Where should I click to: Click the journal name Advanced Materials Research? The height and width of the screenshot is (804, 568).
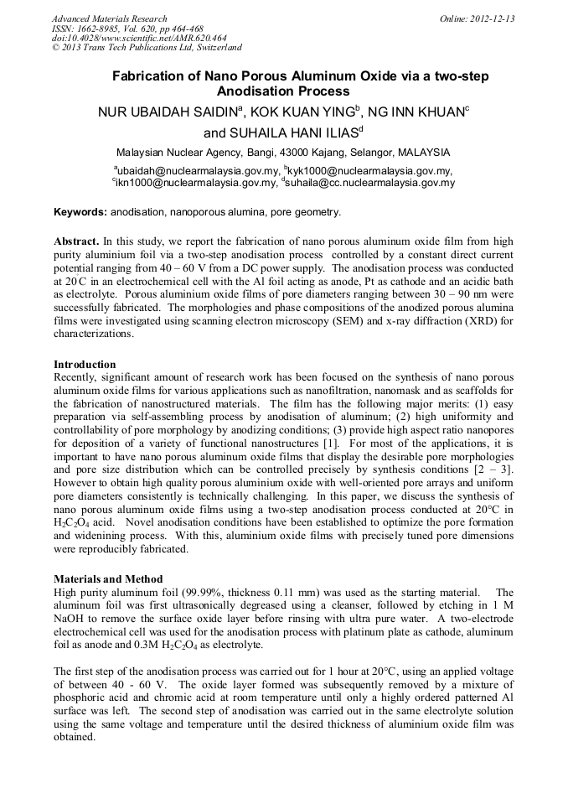point(109,18)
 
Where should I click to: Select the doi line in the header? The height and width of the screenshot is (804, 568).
point(139,39)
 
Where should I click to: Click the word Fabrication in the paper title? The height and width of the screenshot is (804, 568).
point(148,76)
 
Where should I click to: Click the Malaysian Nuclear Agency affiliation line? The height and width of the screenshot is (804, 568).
point(283,153)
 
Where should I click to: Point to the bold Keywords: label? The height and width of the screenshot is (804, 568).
point(80,212)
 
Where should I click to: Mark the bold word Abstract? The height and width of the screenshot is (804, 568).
point(77,241)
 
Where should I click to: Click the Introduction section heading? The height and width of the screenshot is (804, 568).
point(85,365)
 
